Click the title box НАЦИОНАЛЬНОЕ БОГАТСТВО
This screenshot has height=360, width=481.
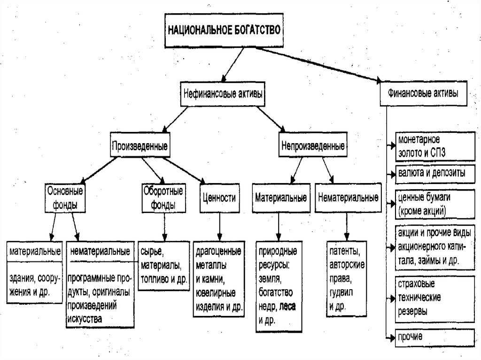(224, 31)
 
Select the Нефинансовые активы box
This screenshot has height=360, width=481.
(223, 94)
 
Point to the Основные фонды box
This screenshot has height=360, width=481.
(65, 198)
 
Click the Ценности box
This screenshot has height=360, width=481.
(217, 198)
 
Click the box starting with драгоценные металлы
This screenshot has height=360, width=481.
(218, 280)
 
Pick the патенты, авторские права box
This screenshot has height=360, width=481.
(347, 277)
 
